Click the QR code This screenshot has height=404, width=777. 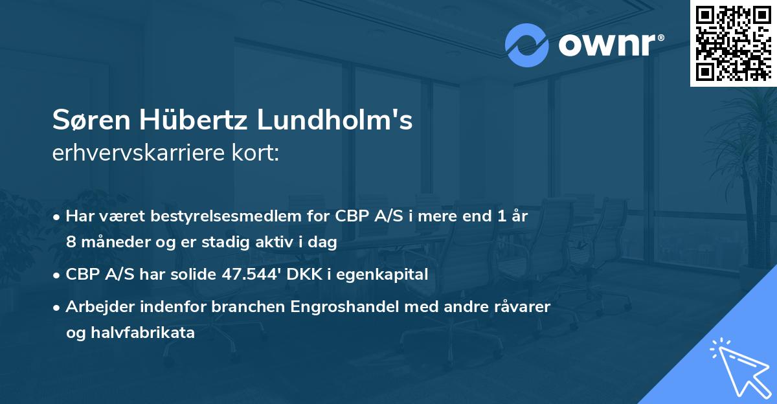click(733, 43)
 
